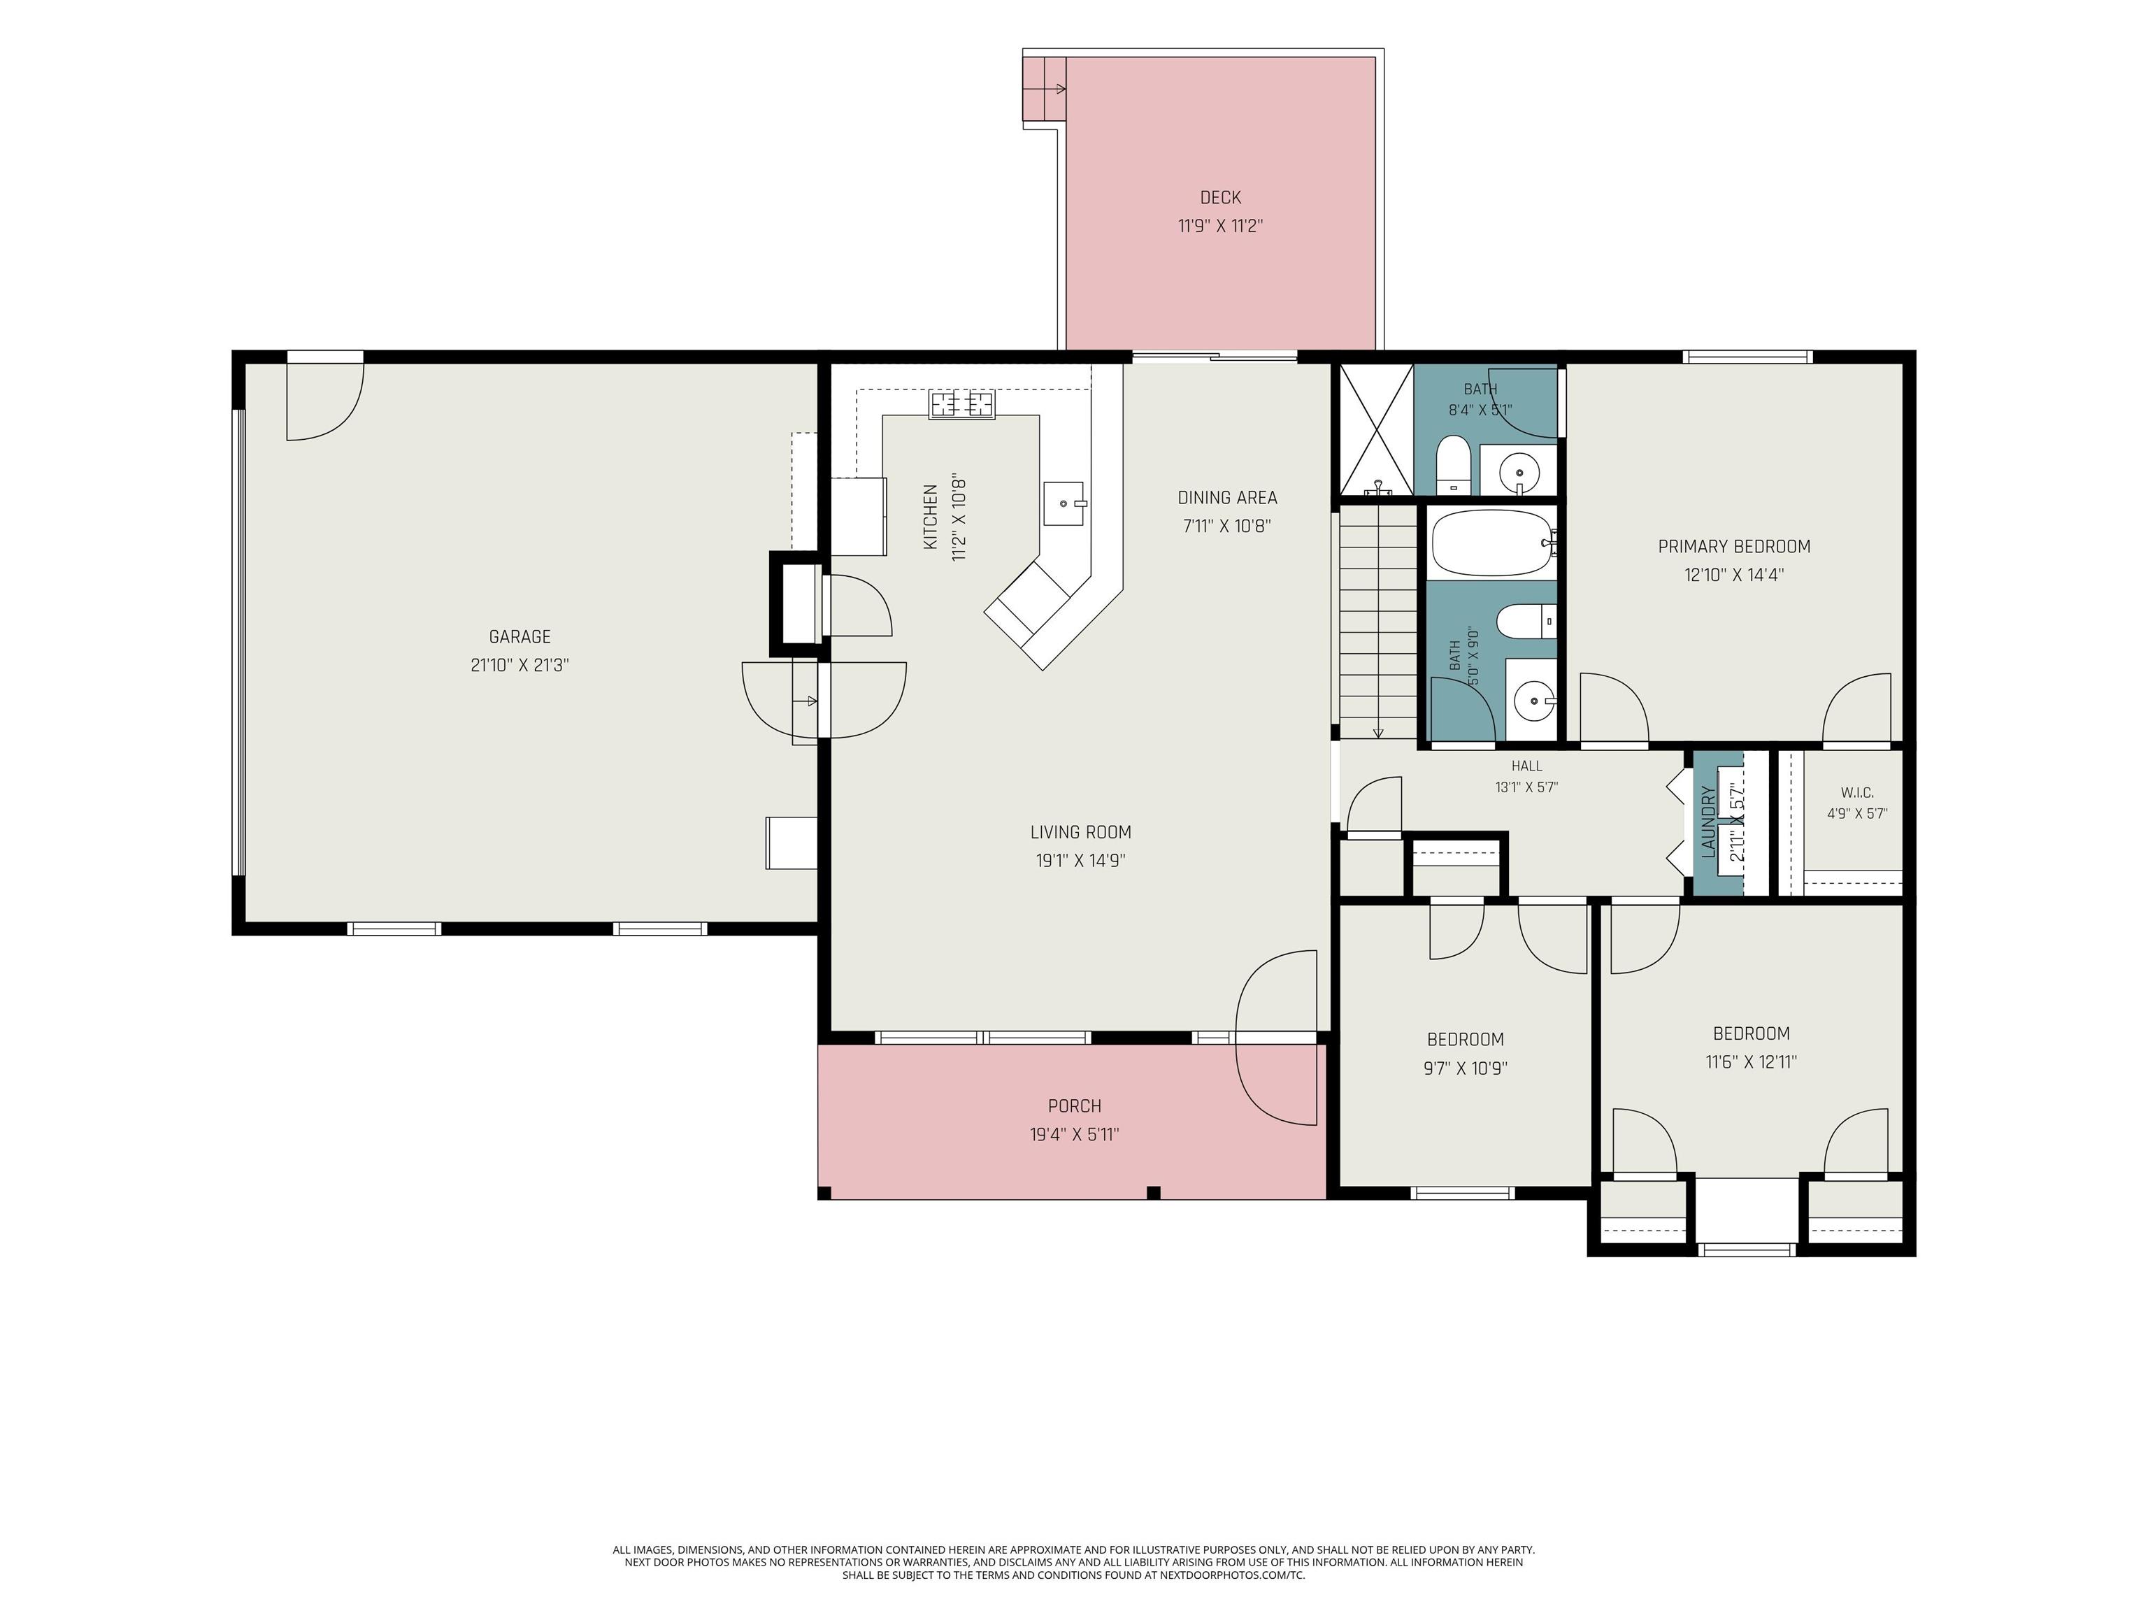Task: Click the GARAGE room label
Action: [x=520, y=637]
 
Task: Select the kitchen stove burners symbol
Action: [x=962, y=404]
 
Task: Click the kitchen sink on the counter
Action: [x=1064, y=503]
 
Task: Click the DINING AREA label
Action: [x=1227, y=498]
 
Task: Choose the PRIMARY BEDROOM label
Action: [x=1734, y=547]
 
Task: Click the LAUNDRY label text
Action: [x=1709, y=822]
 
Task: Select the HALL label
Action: [x=1526, y=766]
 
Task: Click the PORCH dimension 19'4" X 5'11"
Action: [x=1075, y=1134]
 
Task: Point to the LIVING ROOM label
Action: [x=1081, y=832]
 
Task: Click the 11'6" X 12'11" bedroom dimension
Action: [x=1751, y=1062]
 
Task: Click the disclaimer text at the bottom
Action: [x=1073, y=1563]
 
